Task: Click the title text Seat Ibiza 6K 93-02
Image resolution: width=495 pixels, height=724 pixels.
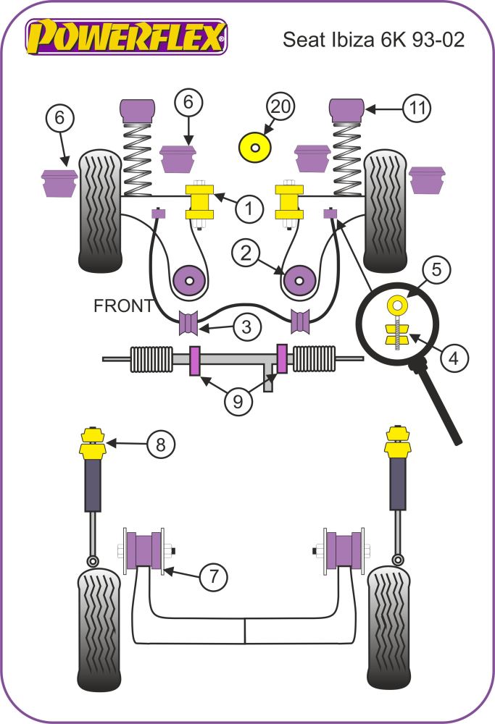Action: [373, 39]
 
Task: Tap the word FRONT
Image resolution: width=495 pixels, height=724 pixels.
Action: [123, 306]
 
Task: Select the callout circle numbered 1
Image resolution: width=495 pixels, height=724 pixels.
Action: [249, 209]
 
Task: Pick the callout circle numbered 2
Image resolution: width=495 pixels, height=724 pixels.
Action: [246, 253]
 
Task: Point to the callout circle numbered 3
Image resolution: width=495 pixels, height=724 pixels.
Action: [246, 327]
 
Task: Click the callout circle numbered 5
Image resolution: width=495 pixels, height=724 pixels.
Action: [436, 270]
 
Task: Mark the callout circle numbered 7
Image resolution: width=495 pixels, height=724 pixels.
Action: [213, 576]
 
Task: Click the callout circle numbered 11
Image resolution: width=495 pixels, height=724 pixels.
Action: [416, 109]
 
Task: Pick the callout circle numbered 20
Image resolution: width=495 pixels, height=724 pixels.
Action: [280, 107]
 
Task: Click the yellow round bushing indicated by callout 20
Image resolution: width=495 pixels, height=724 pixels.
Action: [254, 148]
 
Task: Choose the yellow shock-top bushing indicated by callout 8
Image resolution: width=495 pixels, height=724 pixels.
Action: [93, 442]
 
